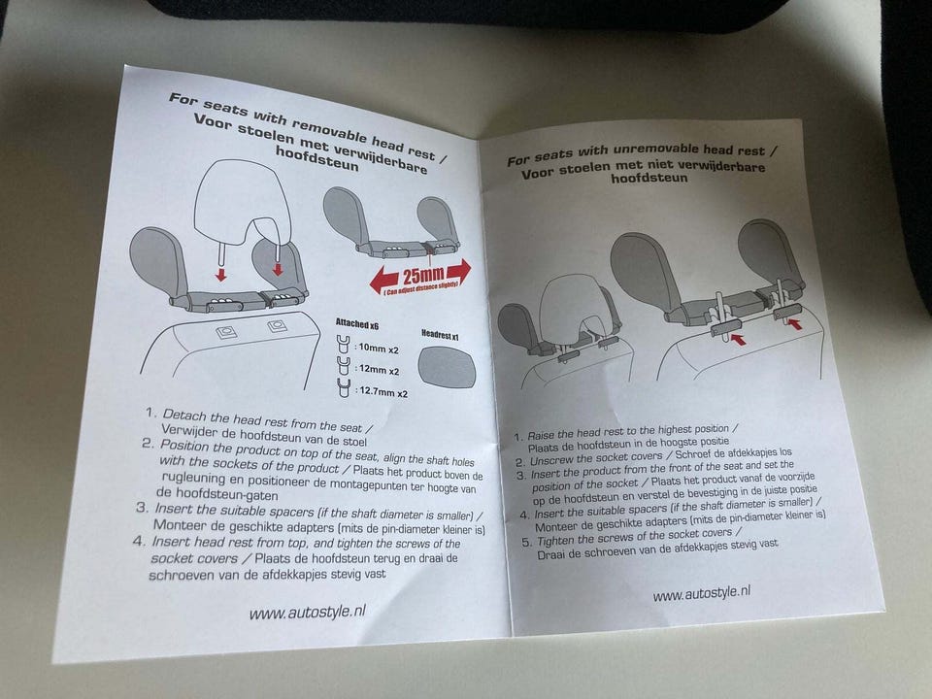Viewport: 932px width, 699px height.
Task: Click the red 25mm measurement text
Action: (x=423, y=275)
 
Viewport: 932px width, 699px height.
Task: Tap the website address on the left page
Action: (x=307, y=612)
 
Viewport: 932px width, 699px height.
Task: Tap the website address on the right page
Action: (x=701, y=592)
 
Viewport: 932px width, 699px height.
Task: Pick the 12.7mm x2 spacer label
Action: (x=383, y=392)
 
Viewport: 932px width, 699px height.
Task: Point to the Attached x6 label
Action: (x=356, y=324)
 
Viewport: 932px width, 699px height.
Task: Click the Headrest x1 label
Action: (x=440, y=335)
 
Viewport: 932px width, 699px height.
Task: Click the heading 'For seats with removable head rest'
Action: (x=308, y=126)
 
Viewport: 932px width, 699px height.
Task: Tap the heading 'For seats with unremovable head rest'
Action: (x=642, y=154)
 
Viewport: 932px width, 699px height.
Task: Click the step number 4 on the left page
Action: (x=139, y=541)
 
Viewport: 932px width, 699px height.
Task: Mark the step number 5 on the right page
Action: (x=526, y=542)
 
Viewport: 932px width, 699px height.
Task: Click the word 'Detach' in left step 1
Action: (x=184, y=415)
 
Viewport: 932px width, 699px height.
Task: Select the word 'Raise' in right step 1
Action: (x=541, y=435)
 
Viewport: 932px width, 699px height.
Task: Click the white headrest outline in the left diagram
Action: (x=243, y=202)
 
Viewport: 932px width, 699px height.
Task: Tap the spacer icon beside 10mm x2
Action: (x=343, y=344)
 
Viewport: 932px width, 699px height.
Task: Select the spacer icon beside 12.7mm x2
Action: (x=343, y=387)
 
